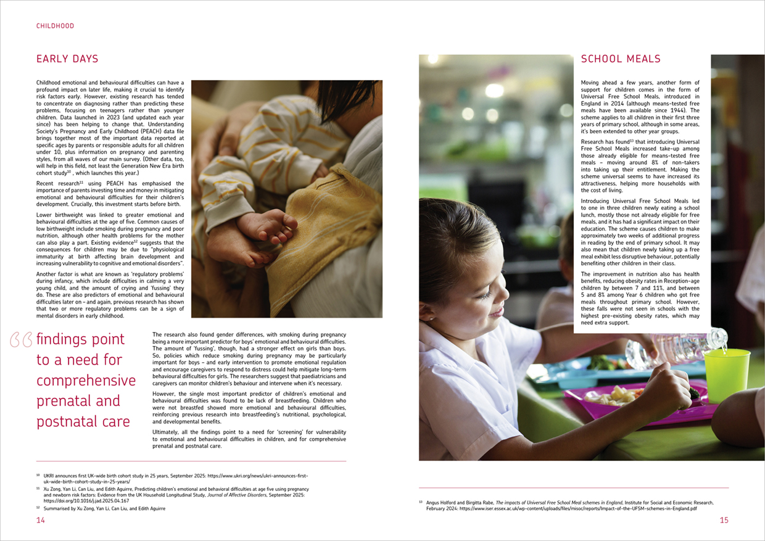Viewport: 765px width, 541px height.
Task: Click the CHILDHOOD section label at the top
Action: [55, 26]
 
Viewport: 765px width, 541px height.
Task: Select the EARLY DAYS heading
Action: [67, 59]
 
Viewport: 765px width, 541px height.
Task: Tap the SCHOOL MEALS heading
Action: [621, 59]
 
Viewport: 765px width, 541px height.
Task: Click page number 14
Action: [41, 520]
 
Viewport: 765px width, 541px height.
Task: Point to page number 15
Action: [724, 520]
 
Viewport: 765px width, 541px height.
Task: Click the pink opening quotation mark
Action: [21, 340]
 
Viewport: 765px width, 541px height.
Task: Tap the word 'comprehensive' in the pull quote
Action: [86, 381]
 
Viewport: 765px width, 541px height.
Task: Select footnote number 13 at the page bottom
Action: [421, 503]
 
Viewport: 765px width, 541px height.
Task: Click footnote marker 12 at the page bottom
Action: [38, 508]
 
